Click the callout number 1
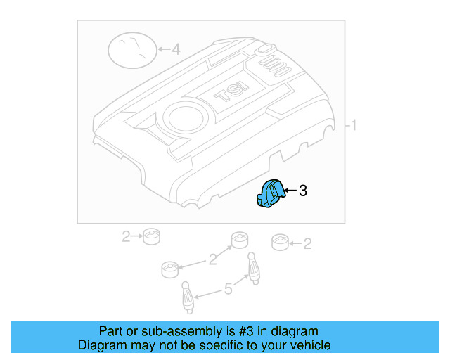click(x=354, y=126)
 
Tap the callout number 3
click(x=303, y=191)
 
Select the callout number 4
click(x=176, y=50)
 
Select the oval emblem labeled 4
click(x=131, y=51)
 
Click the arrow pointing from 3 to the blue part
click(x=290, y=190)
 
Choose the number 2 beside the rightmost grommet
click(x=307, y=243)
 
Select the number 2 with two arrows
click(x=212, y=260)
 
